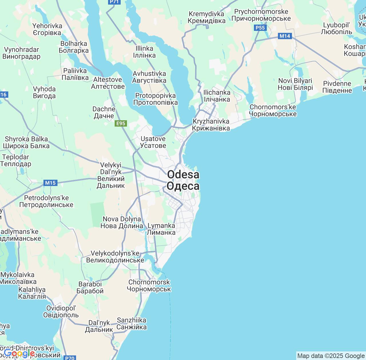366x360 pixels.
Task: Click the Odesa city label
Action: coord(183,180)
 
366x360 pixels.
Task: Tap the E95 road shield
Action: coord(121,123)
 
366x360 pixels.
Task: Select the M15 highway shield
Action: coord(50,183)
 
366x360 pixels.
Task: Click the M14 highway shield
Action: coord(285,36)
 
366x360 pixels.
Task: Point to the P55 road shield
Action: coord(260,28)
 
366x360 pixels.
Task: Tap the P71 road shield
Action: coord(114,2)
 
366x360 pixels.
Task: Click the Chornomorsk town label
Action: coord(149,285)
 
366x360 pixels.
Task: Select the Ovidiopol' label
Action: coord(61,311)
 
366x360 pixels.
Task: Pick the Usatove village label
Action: coord(153,142)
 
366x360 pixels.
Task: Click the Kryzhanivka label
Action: coord(211,125)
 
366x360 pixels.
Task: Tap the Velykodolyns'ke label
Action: coord(115,257)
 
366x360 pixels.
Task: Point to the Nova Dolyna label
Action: coord(122,222)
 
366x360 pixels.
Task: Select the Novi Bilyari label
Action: coord(295,84)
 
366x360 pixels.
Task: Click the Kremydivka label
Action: coord(207,17)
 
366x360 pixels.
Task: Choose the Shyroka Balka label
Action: coord(26,142)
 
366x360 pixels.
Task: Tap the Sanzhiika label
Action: coord(132,323)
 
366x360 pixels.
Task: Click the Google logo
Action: coord(19,354)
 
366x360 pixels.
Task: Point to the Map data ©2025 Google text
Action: coord(331,356)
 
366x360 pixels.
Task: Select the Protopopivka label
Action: coord(156,99)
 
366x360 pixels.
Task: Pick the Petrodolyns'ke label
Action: coord(46,201)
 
